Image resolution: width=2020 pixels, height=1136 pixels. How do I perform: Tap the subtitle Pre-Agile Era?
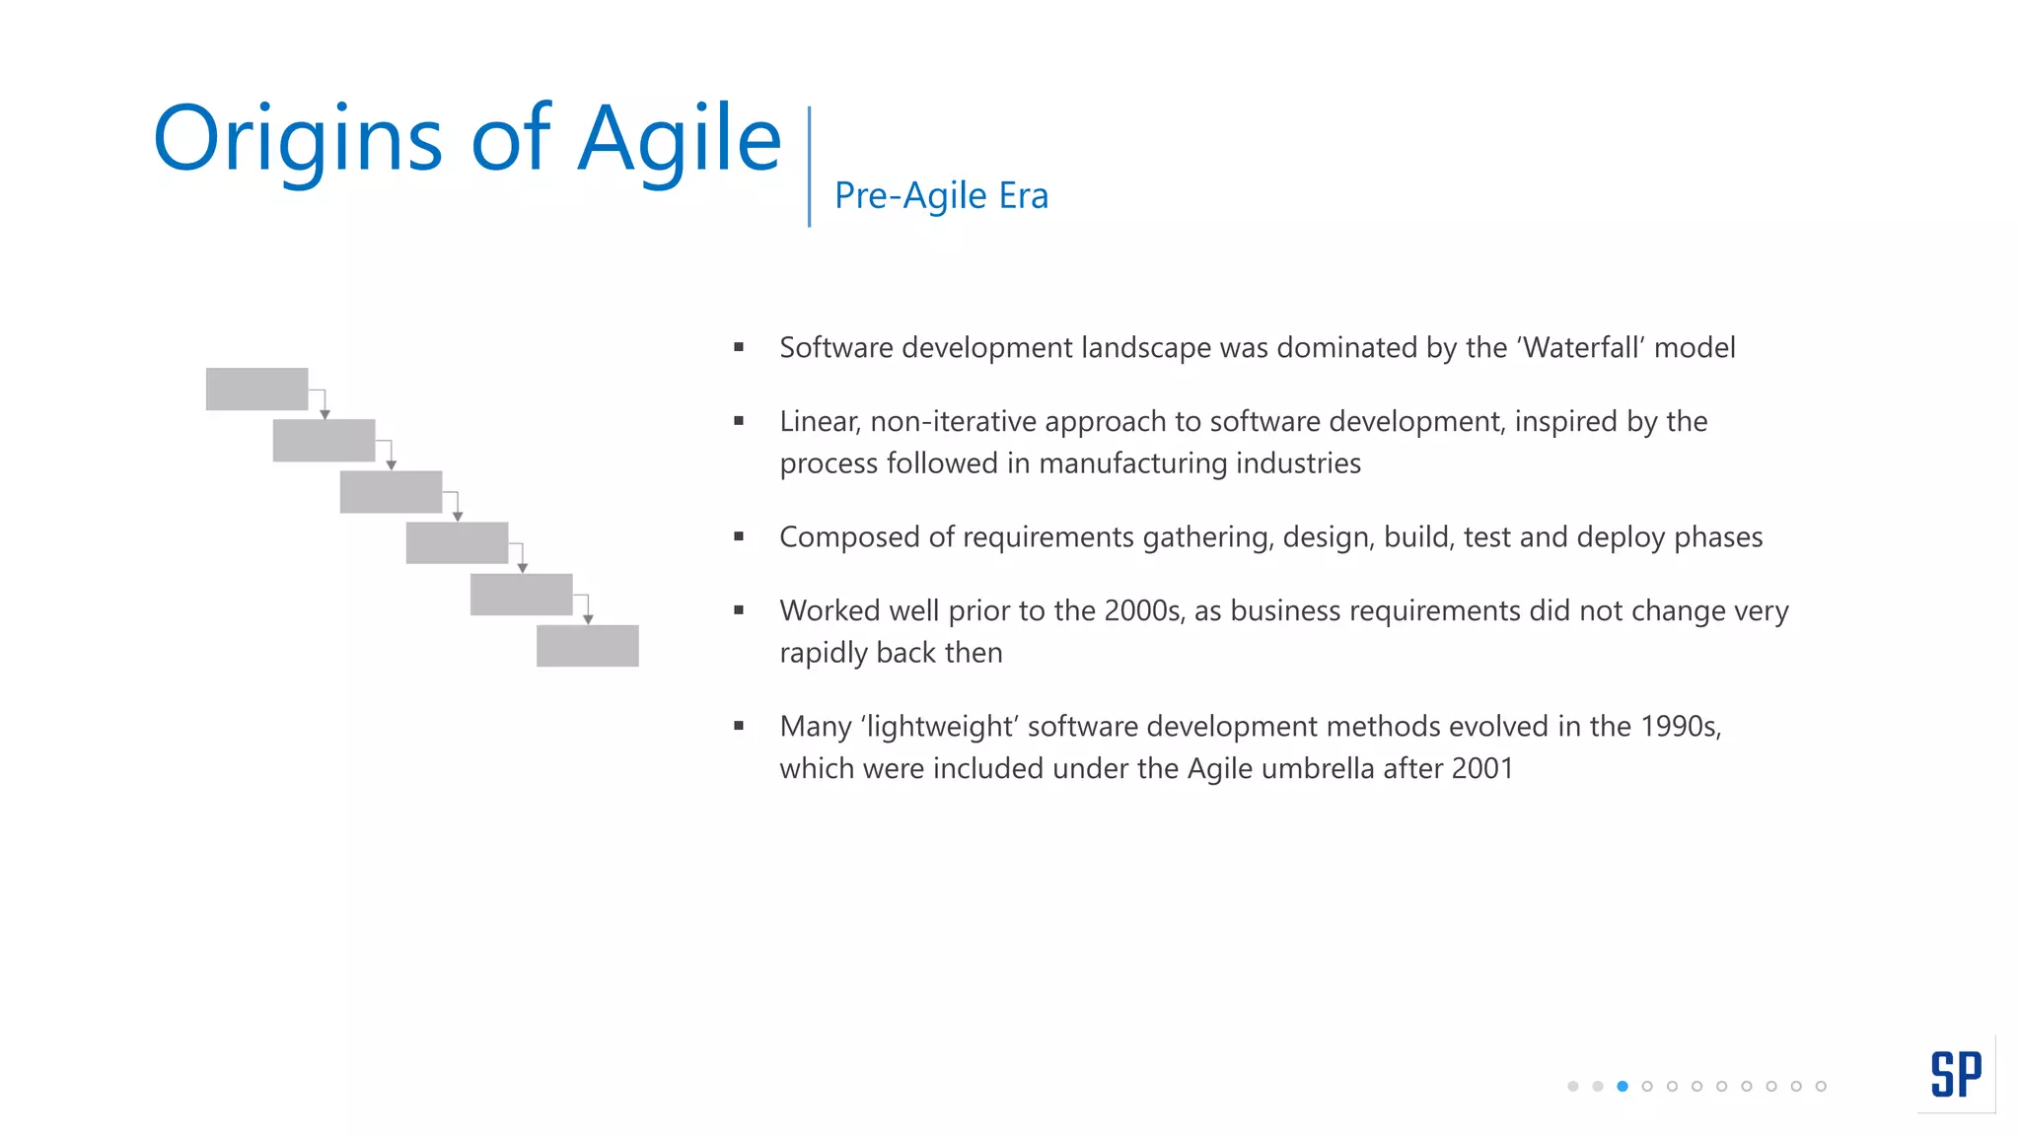pyautogui.click(x=941, y=195)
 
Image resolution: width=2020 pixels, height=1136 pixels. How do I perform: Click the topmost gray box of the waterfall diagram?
pyautogui.click(x=256, y=389)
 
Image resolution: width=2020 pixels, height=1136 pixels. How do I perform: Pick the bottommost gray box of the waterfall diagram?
pyautogui.click(x=587, y=646)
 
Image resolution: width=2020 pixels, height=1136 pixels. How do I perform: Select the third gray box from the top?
pyautogui.click(x=391, y=491)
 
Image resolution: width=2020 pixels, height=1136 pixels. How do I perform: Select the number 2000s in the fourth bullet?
pyautogui.click(x=1143, y=611)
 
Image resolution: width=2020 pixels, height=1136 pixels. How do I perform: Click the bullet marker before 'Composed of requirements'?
pyautogui.click(x=739, y=536)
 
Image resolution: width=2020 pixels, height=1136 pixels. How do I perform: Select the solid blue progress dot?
pyautogui.click(x=1623, y=1086)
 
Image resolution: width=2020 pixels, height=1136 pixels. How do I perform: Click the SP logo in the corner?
pyautogui.click(x=1955, y=1074)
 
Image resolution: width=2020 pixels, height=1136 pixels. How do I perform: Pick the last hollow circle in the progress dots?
pyautogui.click(x=1821, y=1086)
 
